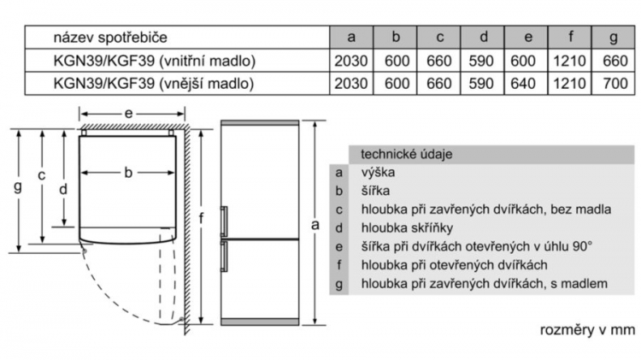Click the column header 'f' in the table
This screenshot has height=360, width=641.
pyautogui.click(x=570, y=37)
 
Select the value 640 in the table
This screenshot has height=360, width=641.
pyautogui.click(x=523, y=84)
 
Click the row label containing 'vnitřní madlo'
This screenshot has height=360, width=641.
pyautogui.click(x=155, y=61)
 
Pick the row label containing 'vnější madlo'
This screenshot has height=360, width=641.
pyautogui.click(x=154, y=84)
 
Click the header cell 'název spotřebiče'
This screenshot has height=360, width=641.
pyautogui.click(x=110, y=38)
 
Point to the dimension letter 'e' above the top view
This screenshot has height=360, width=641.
pyautogui.click(x=129, y=114)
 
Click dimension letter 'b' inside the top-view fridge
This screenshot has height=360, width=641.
pyautogui.click(x=128, y=172)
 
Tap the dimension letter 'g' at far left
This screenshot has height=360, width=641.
pyautogui.click(x=18, y=187)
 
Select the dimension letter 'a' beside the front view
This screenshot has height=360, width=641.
pyautogui.click(x=315, y=225)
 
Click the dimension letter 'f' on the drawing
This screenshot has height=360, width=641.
pyautogui.click(x=201, y=218)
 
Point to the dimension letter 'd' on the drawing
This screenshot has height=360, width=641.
pyautogui.click(x=63, y=189)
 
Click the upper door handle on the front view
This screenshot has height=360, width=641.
pyautogui.click(x=224, y=221)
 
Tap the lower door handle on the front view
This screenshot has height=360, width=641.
pyautogui.click(x=224, y=256)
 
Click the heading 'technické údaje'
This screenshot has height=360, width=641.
pyautogui.click(x=406, y=154)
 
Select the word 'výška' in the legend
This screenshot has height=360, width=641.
pyautogui.click(x=378, y=172)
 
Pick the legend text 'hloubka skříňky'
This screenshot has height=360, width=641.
pyautogui.click(x=407, y=227)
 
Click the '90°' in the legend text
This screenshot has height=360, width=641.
pyautogui.click(x=582, y=246)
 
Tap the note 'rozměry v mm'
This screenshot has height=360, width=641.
pyautogui.click(x=587, y=330)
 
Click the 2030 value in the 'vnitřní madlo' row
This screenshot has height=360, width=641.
pyautogui.click(x=351, y=61)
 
